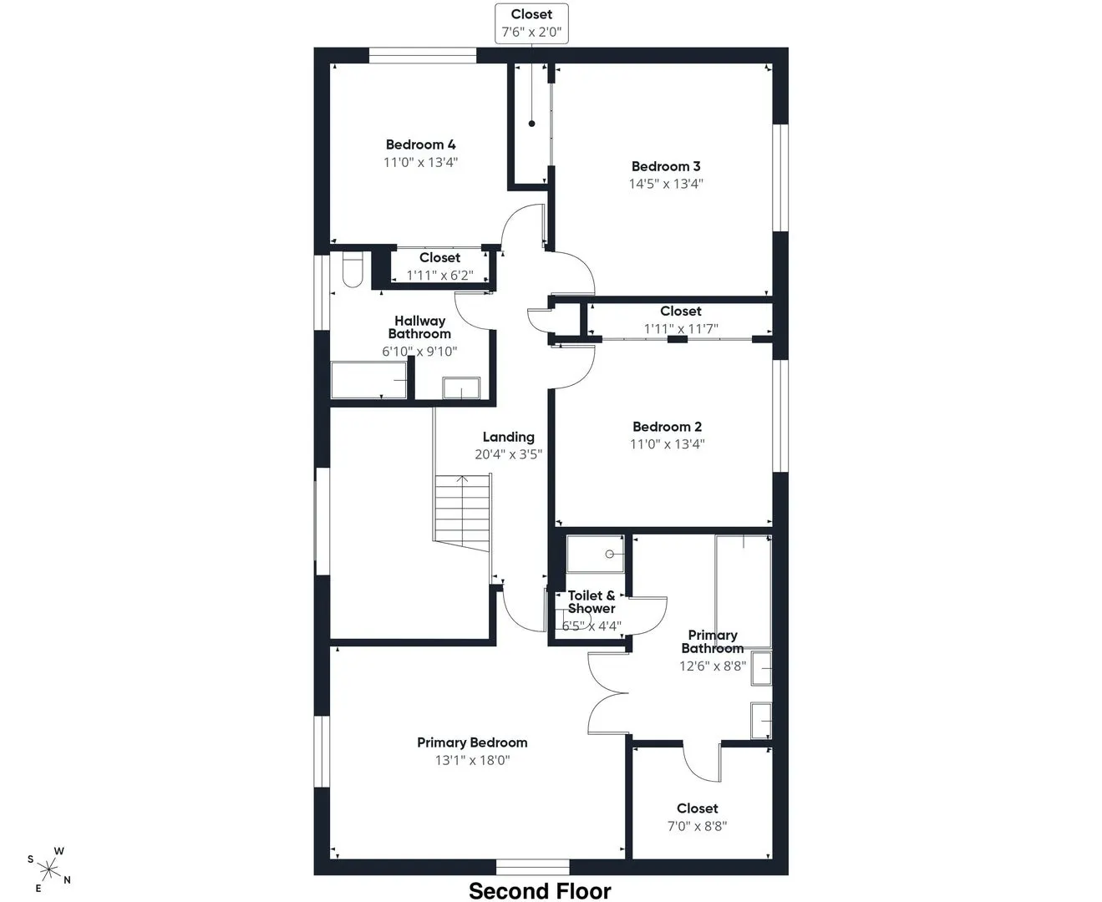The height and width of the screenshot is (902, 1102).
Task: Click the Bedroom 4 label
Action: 420,144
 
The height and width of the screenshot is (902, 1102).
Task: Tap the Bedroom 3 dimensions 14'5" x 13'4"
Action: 666,184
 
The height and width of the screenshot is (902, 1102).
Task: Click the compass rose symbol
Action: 49,870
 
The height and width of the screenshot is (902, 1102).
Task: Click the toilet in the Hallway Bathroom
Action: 353,270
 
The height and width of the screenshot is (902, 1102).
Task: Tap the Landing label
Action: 509,437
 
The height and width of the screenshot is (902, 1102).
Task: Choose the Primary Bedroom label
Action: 472,742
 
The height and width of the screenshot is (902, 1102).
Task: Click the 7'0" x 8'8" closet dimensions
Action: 697,826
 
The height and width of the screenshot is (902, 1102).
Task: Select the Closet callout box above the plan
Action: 531,23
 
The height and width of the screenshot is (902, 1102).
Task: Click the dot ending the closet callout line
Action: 532,124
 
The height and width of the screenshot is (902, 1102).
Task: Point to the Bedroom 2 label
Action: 667,427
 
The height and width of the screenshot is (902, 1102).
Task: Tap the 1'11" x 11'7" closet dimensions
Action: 681,328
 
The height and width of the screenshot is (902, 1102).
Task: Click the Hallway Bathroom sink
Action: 461,388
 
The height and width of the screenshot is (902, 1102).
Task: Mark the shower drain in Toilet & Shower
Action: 609,555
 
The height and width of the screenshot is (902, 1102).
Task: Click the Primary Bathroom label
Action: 712,642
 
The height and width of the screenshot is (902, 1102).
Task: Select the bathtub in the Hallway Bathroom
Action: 369,380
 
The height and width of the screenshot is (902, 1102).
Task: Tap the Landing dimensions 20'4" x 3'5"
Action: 509,454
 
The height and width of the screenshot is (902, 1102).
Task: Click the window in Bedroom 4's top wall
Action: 422,55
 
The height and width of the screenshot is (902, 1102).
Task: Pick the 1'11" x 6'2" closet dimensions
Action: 440,276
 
